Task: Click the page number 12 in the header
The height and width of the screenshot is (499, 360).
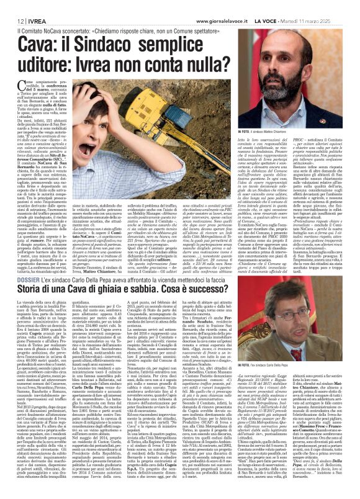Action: click(x=12, y=6)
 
